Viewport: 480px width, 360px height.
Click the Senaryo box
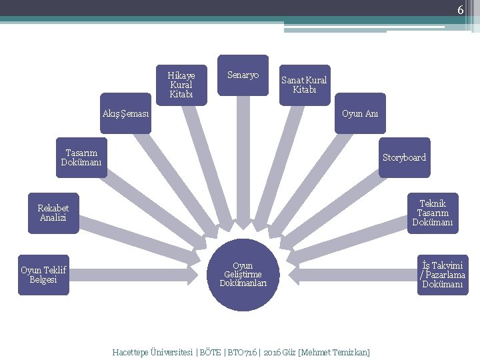(243, 75)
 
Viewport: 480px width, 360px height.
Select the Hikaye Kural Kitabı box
(181, 85)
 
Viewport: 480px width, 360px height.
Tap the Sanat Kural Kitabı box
(304, 85)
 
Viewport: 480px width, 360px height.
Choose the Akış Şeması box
(126, 113)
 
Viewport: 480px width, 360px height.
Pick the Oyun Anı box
(360, 113)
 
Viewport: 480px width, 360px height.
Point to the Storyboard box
(404, 158)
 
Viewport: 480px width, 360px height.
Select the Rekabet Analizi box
(53, 213)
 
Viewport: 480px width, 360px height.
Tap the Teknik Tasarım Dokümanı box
(433, 213)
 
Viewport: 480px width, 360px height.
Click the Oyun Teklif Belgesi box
(43, 275)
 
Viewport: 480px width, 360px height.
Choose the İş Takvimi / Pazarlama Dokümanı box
(443, 275)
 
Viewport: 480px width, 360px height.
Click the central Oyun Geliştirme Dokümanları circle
(243, 275)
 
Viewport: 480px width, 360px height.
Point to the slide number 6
(460, 10)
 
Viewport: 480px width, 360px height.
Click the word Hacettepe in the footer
(130, 351)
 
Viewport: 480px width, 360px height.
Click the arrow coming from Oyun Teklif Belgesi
(133, 275)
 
